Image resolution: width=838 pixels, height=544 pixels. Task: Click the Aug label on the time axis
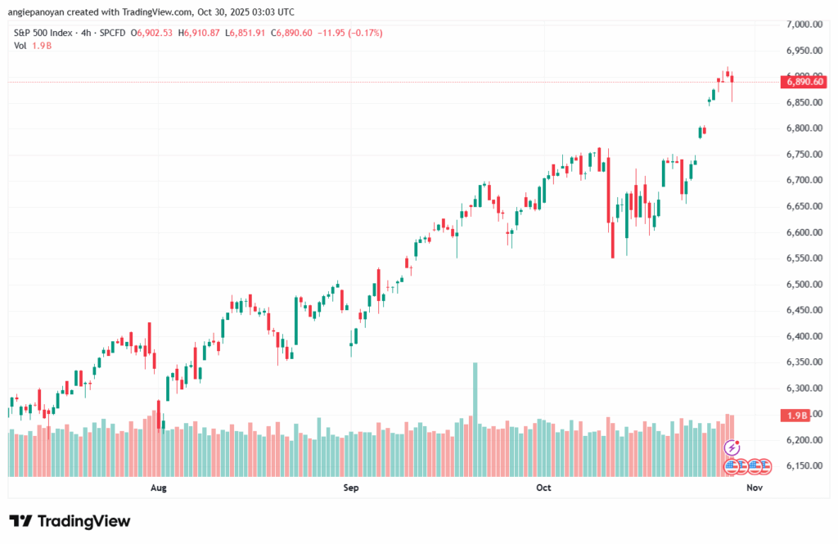tap(159, 488)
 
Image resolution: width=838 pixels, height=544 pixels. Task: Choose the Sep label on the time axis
tap(351, 488)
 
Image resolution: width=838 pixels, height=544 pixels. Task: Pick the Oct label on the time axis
tap(543, 488)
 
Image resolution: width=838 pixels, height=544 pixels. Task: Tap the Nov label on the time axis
tap(755, 488)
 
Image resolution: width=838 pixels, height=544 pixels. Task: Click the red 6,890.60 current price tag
tap(805, 82)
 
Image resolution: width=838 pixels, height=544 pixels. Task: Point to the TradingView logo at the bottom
tap(70, 521)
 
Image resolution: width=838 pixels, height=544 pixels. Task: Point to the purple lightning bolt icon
tap(732, 447)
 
